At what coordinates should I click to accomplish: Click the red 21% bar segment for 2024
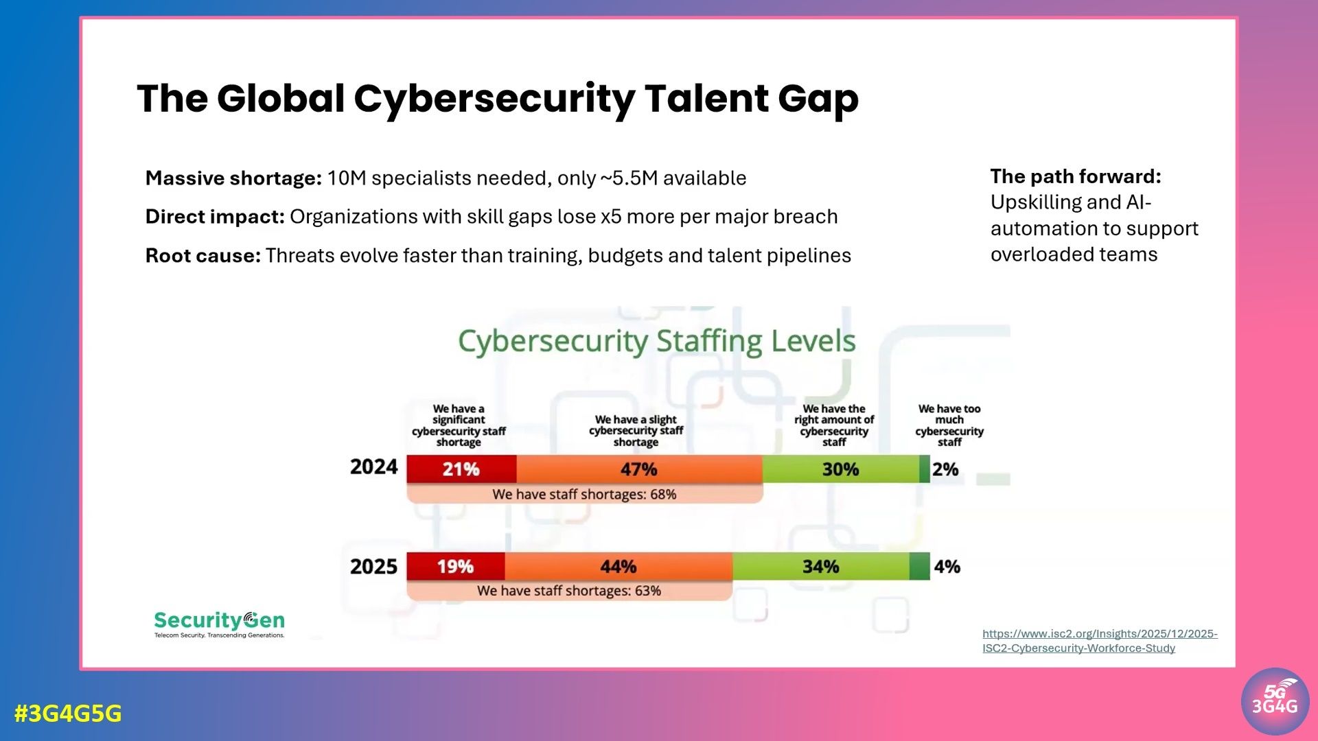pyautogui.click(x=461, y=469)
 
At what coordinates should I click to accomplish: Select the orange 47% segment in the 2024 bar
pyautogui.click(x=639, y=469)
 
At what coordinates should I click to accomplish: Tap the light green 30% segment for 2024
pyautogui.click(x=840, y=469)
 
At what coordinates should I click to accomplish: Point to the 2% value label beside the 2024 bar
pyautogui.click(x=945, y=469)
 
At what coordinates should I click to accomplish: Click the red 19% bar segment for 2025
pyautogui.click(x=455, y=567)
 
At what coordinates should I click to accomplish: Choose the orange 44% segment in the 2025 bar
pyautogui.click(x=618, y=567)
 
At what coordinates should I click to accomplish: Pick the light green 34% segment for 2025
pyautogui.click(x=820, y=567)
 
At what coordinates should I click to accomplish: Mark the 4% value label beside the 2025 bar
pyautogui.click(x=947, y=567)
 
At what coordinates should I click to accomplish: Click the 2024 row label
pyautogui.click(x=373, y=467)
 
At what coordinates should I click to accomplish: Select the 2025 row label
pyautogui.click(x=373, y=567)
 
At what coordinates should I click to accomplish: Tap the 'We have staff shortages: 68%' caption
pyautogui.click(x=584, y=494)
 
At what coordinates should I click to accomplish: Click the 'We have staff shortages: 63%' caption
pyautogui.click(x=568, y=591)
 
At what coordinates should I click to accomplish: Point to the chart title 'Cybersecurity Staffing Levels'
pyautogui.click(x=656, y=341)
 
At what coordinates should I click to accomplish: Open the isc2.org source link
pyautogui.click(x=1099, y=641)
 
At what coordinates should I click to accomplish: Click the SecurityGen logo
pyautogui.click(x=219, y=624)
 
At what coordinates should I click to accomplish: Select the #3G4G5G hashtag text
pyautogui.click(x=68, y=714)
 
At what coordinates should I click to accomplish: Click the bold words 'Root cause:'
pyautogui.click(x=203, y=256)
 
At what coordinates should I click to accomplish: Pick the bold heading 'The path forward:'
pyautogui.click(x=1075, y=176)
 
